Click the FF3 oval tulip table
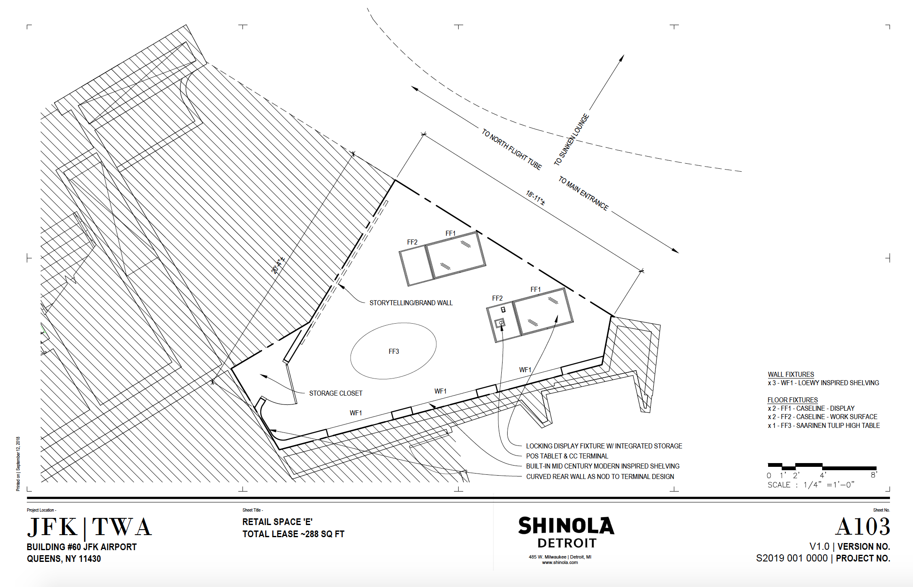click(x=393, y=351)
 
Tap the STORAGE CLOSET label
click(x=335, y=393)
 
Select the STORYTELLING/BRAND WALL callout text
click(x=411, y=303)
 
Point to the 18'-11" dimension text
click(x=535, y=197)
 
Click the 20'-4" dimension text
click(x=278, y=265)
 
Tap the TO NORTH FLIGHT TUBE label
click(x=511, y=149)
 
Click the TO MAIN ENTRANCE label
click(x=583, y=193)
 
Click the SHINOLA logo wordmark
click(x=566, y=526)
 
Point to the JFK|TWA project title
click(x=89, y=527)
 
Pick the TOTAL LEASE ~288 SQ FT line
click(x=293, y=534)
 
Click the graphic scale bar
click(x=822, y=466)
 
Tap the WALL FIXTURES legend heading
click(x=791, y=374)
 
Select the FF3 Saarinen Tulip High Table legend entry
click(x=823, y=425)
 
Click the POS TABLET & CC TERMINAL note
click(x=567, y=456)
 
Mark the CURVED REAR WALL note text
click(x=600, y=476)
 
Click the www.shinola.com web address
click(x=560, y=562)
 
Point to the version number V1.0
click(x=819, y=546)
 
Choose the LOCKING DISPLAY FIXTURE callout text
click(x=604, y=446)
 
